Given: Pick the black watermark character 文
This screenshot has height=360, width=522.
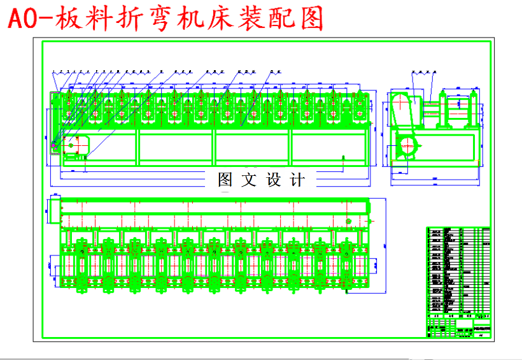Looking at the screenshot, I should (250, 180).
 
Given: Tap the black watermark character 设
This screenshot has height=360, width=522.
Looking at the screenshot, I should (274, 180).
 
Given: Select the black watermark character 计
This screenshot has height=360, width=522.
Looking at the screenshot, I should (297, 180).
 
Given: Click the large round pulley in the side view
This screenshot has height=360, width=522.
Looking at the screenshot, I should (407, 147).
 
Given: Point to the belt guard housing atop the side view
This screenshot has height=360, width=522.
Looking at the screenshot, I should (404, 109).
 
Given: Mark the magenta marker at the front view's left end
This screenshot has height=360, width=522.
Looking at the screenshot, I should (54, 147).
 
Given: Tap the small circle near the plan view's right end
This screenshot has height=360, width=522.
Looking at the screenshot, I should (349, 221).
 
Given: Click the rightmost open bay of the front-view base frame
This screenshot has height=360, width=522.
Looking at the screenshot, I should (328, 149).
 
